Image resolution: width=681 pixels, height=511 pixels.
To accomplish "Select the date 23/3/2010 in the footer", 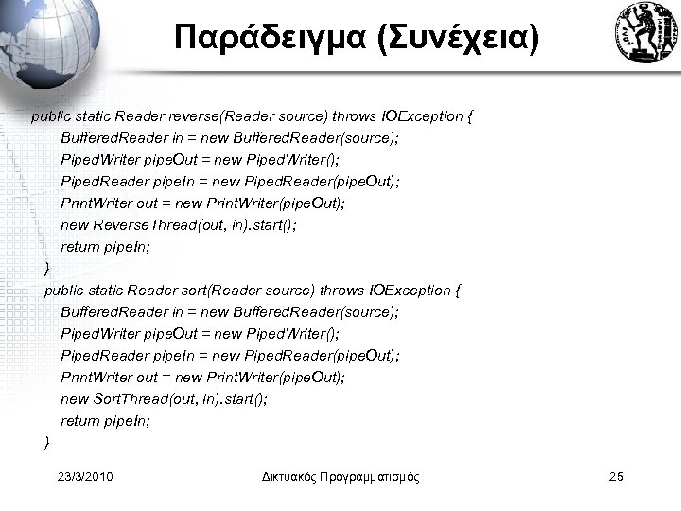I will (85, 477).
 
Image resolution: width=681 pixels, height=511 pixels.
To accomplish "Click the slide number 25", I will (616, 477).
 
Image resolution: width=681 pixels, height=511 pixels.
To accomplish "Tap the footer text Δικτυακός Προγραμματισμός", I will (340, 477).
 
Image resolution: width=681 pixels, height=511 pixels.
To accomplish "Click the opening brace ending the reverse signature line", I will (471, 117).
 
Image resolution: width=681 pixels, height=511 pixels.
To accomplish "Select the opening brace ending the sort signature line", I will (458, 290).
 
